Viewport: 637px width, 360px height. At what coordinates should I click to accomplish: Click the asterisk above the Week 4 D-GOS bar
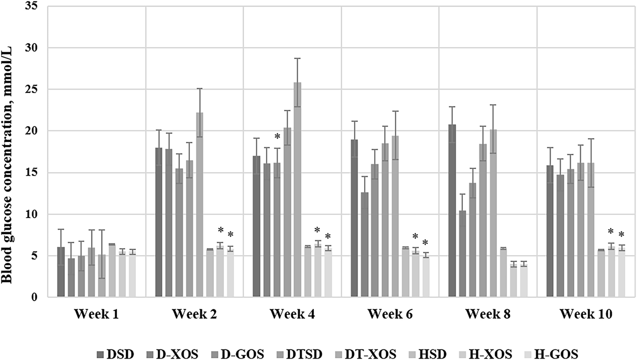tap(277, 138)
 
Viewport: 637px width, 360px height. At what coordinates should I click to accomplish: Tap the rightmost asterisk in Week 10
tap(622, 235)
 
